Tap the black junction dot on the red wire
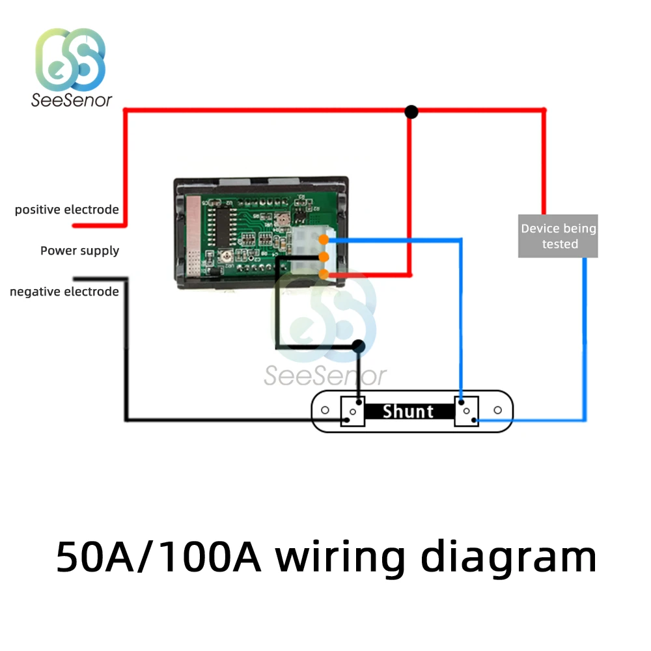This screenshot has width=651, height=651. pyautogui.click(x=411, y=112)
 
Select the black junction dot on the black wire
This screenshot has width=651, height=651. pyautogui.click(x=358, y=346)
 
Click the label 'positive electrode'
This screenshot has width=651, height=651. pyautogui.click(x=66, y=210)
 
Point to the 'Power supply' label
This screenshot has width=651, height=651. pyautogui.click(x=79, y=251)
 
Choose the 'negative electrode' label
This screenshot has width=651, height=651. pyautogui.click(x=64, y=292)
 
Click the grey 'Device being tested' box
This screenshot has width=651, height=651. pyautogui.click(x=558, y=236)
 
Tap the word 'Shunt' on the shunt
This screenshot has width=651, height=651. pyautogui.click(x=408, y=411)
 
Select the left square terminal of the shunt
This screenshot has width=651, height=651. pyautogui.click(x=353, y=411)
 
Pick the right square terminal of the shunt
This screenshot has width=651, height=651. pyautogui.click(x=466, y=411)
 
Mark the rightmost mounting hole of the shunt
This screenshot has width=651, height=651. pyautogui.click(x=498, y=410)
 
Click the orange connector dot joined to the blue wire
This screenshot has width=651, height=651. pyautogui.click(x=324, y=240)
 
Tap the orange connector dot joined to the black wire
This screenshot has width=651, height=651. pyautogui.click(x=324, y=257)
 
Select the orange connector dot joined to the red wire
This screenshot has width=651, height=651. pyautogui.click(x=324, y=274)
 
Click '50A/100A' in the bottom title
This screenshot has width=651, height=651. pyautogui.click(x=158, y=557)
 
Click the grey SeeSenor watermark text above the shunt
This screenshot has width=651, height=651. pyautogui.click(x=325, y=376)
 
